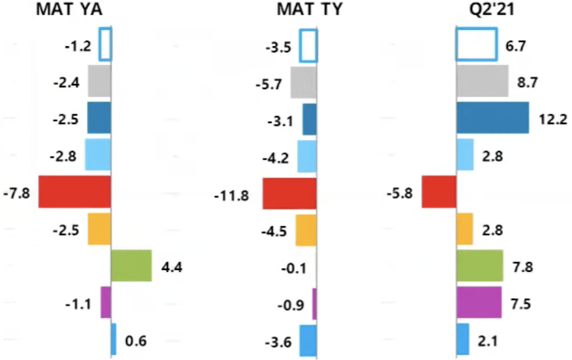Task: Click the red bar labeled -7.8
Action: pos(75,192)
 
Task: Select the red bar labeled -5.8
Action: pos(439,192)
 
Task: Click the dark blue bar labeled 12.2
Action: pos(492,117)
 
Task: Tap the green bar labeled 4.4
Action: pos(131,266)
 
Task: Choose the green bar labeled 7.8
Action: pos(480,266)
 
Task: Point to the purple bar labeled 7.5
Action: pos(479,302)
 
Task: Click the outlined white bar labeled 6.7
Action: pos(476,44)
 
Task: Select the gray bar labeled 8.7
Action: pos(482,81)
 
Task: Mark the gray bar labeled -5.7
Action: pos(303,82)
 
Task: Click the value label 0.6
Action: pos(135,341)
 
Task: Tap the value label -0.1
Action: pos(281,268)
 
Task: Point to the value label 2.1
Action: pos(487,341)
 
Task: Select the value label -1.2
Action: pos(79,45)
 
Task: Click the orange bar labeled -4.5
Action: pos(306,230)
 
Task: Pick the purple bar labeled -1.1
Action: pos(105,302)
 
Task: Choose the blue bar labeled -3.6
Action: pos(308,340)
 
